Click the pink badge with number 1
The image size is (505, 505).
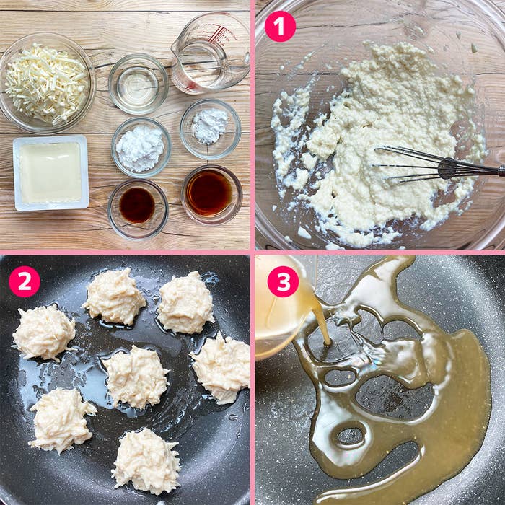pos(280,27)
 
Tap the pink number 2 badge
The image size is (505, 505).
pos(25,281)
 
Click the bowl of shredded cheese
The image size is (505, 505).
pos(48,83)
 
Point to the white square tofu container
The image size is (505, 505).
pos(51,173)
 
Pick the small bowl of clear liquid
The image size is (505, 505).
pos(139,84)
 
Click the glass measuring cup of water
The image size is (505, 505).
pos(211,53)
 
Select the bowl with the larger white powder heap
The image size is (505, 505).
pos(141,147)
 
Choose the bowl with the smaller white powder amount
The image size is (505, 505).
pos(211,129)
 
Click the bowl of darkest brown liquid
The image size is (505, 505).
pos(138,209)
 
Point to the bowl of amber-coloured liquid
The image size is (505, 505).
pos(211,195)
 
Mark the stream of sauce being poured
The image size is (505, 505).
pos(322,325)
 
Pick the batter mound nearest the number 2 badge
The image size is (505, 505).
pos(44,332)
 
